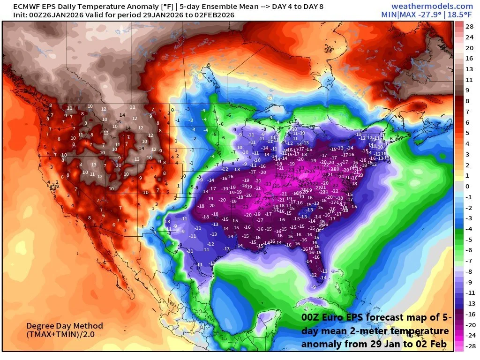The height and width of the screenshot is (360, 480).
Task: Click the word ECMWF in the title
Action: [x=16, y=7]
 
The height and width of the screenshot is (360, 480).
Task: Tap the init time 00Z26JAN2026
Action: [x=44, y=15]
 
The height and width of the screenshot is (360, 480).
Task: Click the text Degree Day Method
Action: [x=64, y=326]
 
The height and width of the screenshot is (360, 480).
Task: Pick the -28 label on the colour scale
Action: [x=469, y=345]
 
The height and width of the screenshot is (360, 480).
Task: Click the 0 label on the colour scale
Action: [x=467, y=186]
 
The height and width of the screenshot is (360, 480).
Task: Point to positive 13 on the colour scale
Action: [x=469, y=69]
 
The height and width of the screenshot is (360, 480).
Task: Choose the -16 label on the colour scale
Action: [x=469, y=314]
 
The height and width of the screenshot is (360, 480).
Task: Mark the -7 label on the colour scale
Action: [x=469, y=260]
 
